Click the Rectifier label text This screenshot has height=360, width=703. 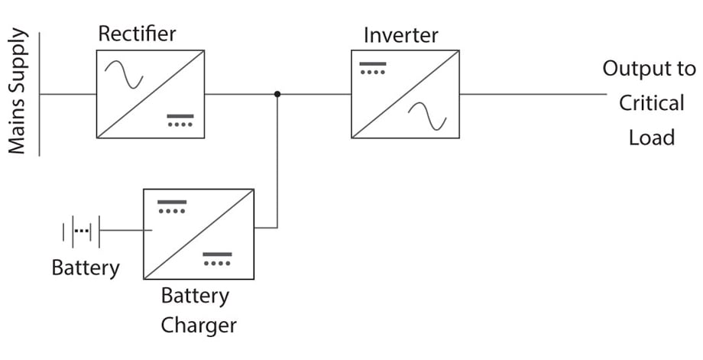(x=137, y=34)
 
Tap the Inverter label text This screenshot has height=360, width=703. (x=401, y=35)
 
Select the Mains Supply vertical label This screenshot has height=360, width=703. (x=18, y=92)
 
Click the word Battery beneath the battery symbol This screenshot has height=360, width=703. (x=85, y=268)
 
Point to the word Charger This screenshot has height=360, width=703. (x=199, y=326)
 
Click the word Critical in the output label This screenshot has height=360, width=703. (x=651, y=103)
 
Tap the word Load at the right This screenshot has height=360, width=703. (x=651, y=138)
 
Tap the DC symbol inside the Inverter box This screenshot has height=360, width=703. (x=372, y=68)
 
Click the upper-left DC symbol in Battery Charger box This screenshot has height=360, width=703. (x=171, y=206)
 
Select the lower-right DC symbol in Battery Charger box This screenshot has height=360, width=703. (x=217, y=258)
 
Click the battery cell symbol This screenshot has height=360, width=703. (x=81, y=230)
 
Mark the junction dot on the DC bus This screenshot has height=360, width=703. (x=277, y=94)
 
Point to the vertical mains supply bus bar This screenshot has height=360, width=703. (x=39, y=93)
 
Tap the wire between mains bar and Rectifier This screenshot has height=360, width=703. (x=67, y=95)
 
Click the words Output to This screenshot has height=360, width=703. (x=649, y=68)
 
